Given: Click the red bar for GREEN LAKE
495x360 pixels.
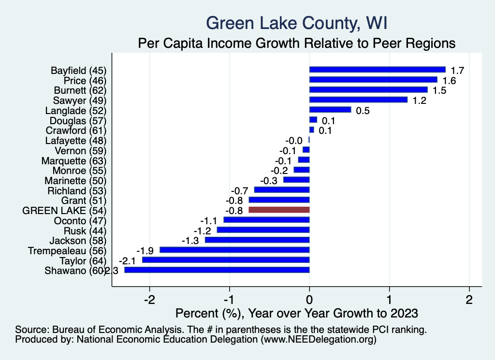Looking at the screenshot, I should click(x=279, y=210).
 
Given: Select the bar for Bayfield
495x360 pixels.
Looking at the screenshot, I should click(x=377, y=70).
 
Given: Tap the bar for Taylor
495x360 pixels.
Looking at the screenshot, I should click(x=226, y=260).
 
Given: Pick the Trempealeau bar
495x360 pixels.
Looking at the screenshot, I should click(x=234, y=250).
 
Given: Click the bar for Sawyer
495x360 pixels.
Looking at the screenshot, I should click(x=358, y=100).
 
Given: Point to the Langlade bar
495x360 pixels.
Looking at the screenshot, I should click(x=330, y=110).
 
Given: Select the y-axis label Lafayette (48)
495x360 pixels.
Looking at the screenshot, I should click(x=75, y=141).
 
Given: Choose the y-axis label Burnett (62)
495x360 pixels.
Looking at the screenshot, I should click(x=78, y=90).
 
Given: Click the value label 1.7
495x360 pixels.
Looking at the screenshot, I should click(x=457, y=71).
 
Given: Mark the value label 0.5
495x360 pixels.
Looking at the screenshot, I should click(x=363, y=111).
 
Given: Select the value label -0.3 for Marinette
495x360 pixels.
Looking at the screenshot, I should click(x=269, y=181).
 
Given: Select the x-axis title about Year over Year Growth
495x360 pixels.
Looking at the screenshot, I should click(x=297, y=313).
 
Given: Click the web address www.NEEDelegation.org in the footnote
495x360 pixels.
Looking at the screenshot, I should click(x=319, y=340).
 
